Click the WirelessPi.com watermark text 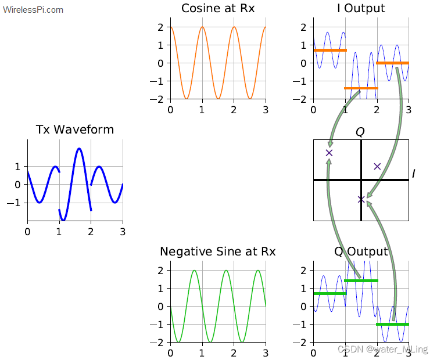33,10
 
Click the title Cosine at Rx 218,8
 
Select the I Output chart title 361,8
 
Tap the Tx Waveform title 75,129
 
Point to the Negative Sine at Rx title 218,251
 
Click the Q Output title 361,251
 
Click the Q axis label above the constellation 360,132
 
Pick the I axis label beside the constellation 413,174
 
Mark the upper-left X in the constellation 329,153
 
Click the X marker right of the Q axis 377,166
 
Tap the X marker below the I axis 361,199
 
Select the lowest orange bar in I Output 361,88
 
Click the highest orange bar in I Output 329,51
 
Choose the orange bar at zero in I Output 392,63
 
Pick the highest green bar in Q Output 361,281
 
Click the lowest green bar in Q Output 392,324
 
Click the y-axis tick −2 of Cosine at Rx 159,99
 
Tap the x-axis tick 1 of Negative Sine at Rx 202,352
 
